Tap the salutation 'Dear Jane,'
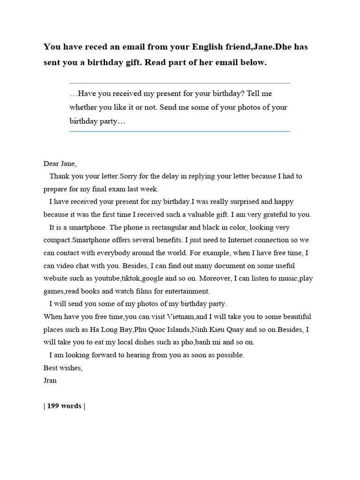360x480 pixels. pos(60,164)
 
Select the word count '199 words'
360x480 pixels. pos(64,406)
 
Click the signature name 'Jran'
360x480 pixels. pos(50,380)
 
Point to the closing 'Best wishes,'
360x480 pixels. pos(63,367)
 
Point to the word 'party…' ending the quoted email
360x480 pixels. pos(113,121)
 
